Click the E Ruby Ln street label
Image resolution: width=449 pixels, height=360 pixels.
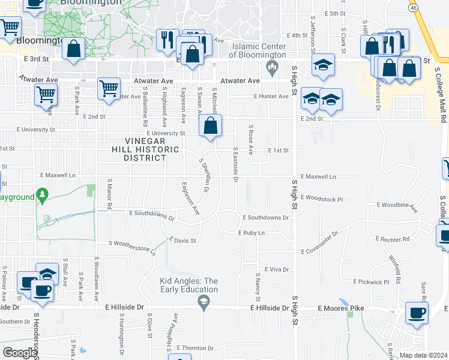pyautogui.click(x=252, y=232)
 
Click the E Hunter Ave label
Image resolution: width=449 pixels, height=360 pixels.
pyautogui.click(x=271, y=96)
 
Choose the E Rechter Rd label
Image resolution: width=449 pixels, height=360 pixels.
pyautogui.click(x=393, y=239)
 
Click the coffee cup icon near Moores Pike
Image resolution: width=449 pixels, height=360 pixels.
pyautogui.click(x=417, y=313)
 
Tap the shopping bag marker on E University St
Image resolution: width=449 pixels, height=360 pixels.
pyautogui.click(x=211, y=127)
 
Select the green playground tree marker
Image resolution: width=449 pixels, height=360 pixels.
pyautogui.click(x=42, y=195)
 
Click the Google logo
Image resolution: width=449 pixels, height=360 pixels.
pyautogui.click(x=20, y=353)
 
